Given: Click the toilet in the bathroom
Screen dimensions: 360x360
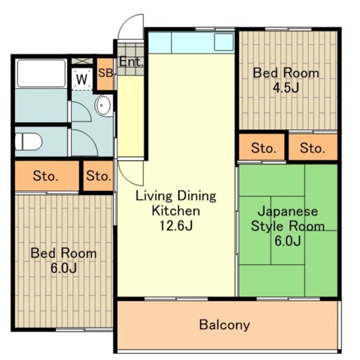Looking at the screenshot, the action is pyautogui.click(x=28, y=141).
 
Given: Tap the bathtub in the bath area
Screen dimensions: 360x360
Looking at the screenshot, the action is pyautogui.click(x=41, y=73).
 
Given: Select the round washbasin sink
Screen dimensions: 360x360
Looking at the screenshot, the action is pyautogui.click(x=102, y=106).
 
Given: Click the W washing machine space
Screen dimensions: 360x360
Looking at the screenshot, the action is pyautogui.click(x=82, y=79).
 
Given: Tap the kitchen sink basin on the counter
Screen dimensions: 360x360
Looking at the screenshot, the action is pyautogui.click(x=224, y=42).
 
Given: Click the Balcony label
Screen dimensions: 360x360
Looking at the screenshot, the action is pyautogui.click(x=224, y=325).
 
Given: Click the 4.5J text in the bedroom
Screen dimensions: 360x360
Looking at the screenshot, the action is pyautogui.click(x=286, y=87).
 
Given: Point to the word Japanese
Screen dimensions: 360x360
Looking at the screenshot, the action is pyautogui.click(x=288, y=211).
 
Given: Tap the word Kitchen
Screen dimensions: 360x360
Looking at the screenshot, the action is pyautogui.click(x=176, y=211).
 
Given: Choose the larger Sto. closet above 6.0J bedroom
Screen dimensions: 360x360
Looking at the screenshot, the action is pyautogui.click(x=47, y=176).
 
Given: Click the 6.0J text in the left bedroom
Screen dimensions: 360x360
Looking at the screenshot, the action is pyautogui.click(x=64, y=268).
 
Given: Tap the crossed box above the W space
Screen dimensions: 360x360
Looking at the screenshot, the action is pyautogui.click(x=82, y=61).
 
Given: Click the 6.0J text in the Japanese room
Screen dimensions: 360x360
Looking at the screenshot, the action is pyautogui.click(x=288, y=241).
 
